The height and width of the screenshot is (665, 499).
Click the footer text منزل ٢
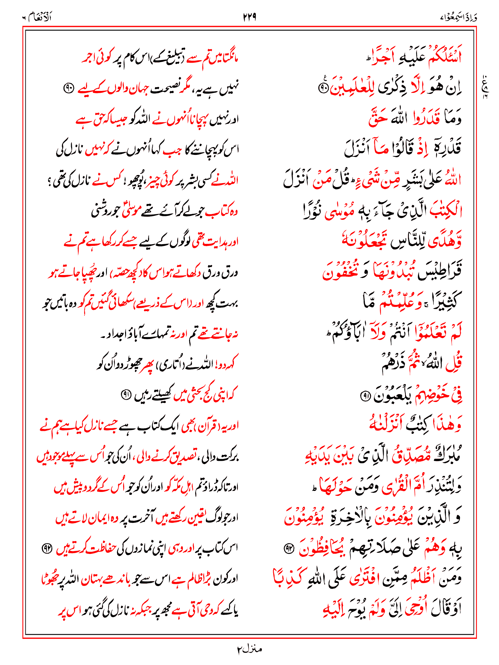tap(249, 649)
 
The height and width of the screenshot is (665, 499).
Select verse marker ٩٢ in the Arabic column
tap(288, 548)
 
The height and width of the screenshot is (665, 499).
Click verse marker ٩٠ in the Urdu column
tap(69, 88)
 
